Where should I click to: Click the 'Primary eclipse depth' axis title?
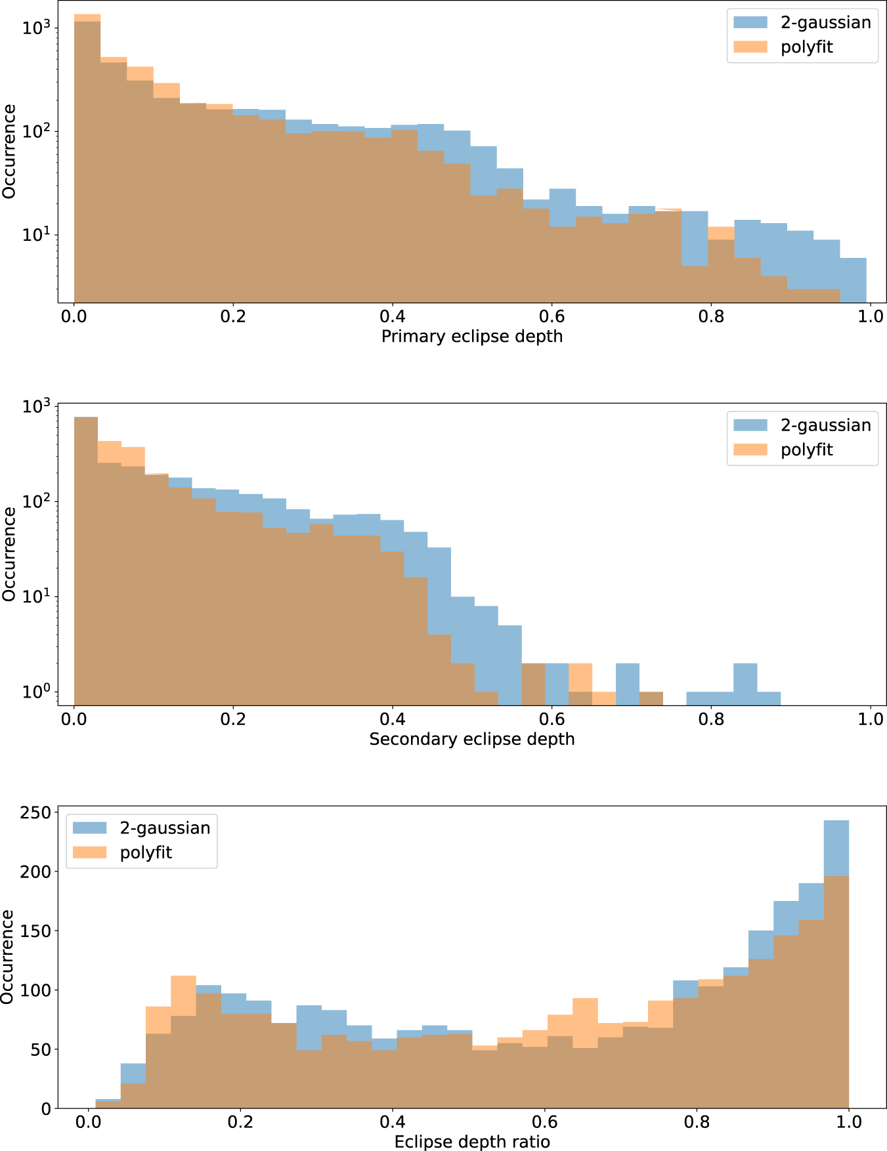(471, 337)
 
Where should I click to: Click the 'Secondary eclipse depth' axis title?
(471, 739)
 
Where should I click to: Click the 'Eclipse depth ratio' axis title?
(471, 1142)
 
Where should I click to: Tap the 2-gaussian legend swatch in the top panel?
(750, 22)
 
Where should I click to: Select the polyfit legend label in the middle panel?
(806, 450)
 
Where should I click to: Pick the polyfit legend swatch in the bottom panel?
(89, 852)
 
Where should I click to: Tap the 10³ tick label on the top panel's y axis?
(35, 28)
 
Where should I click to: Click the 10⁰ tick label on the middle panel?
(35, 693)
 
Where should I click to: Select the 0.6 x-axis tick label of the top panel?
(552, 316)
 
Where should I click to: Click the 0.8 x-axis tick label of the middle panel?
(711, 719)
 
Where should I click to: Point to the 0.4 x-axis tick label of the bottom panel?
(392, 1122)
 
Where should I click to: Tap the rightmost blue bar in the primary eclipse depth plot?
(853, 280)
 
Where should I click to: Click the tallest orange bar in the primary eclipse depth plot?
(87, 157)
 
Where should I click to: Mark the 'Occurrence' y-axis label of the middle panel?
(9, 554)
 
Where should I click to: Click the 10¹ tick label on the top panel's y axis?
(35, 235)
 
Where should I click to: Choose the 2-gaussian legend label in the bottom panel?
(165, 828)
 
